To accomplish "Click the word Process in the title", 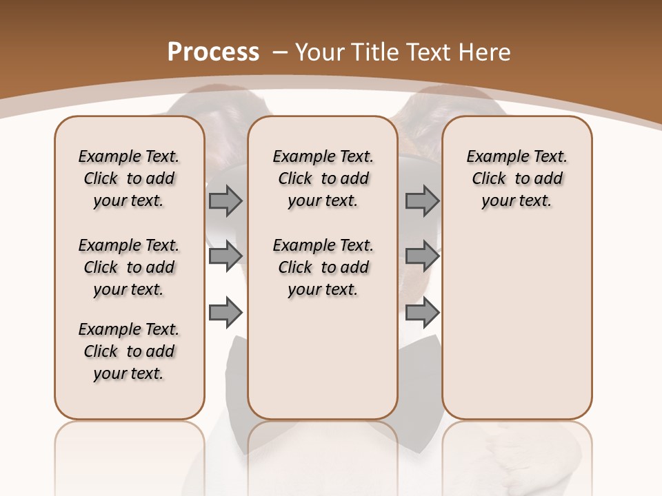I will coord(213,52).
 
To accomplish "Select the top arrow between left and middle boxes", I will coord(225,200).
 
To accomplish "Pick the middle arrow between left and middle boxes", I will coord(225,256).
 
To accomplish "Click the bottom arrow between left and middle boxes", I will coord(225,313).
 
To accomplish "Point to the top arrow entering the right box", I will coord(422,200).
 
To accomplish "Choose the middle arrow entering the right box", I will coord(422,256).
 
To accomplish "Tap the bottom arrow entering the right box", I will coord(422,313).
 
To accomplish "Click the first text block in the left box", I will coord(129,178).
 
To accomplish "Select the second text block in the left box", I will coord(129,267).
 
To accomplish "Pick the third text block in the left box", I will coord(129,351).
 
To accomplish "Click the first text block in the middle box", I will coord(323,178).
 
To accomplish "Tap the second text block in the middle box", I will coord(323,267).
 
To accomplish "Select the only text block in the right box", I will coord(517,178).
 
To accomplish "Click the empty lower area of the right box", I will coord(517,331).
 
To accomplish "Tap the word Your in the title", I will coord(320,52).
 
